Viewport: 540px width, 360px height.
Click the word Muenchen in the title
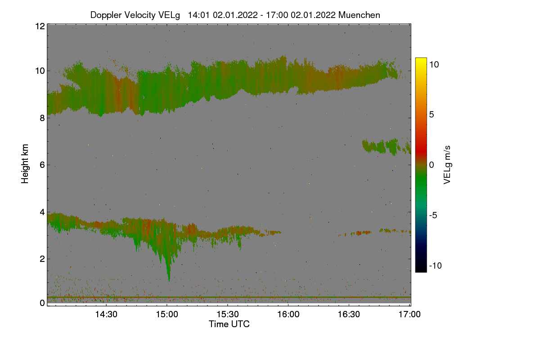359,15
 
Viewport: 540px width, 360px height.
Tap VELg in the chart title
169,15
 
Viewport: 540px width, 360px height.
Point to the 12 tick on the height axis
40,26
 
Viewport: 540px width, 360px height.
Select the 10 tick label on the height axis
40,71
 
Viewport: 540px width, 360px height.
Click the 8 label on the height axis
42,118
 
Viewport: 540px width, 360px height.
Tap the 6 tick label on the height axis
42,165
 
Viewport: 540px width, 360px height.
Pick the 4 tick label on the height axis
42,212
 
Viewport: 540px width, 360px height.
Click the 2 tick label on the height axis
42,259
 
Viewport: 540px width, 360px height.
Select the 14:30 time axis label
106,314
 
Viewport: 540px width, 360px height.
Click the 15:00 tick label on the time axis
167,314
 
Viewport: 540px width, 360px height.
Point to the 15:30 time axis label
228,314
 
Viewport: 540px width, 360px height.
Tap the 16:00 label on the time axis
288,314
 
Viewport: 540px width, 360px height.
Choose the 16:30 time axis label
349,314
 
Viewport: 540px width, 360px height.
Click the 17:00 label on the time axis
409,314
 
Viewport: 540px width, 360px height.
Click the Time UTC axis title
229,324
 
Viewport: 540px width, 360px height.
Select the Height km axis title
25,164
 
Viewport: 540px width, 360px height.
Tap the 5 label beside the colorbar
432,115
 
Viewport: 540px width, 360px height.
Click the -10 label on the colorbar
436,265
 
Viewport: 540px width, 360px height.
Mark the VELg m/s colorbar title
447,165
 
